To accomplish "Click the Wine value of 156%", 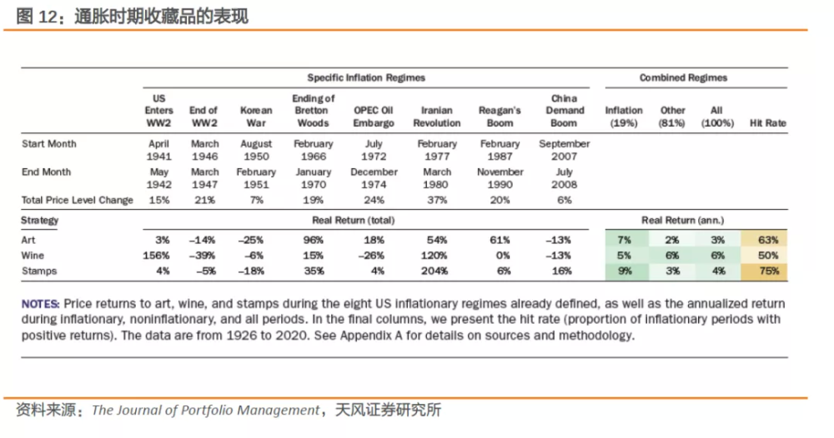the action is (x=156, y=256).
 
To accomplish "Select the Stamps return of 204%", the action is (x=434, y=271).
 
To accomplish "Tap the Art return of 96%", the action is (x=314, y=240).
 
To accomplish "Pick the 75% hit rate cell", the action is (x=769, y=271).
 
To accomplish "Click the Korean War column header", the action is (x=256, y=117).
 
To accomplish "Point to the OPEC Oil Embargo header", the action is (x=374, y=117).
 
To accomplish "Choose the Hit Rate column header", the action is (x=767, y=123).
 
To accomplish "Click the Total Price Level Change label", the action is (x=77, y=200).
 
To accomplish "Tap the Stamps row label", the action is (x=39, y=271).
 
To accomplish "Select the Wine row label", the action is (x=33, y=256).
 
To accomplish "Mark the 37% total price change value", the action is (x=437, y=200).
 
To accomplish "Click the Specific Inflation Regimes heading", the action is (x=366, y=77).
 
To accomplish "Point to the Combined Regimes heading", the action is (x=683, y=77).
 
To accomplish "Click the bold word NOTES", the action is (x=40, y=304).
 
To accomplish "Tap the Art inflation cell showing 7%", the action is (x=624, y=240).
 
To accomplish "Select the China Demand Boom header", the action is (x=565, y=111).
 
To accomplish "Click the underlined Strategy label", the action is (x=39, y=221).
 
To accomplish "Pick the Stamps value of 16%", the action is (x=561, y=271).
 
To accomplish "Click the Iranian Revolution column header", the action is (x=437, y=117).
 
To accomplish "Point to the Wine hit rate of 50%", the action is (x=769, y=256).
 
